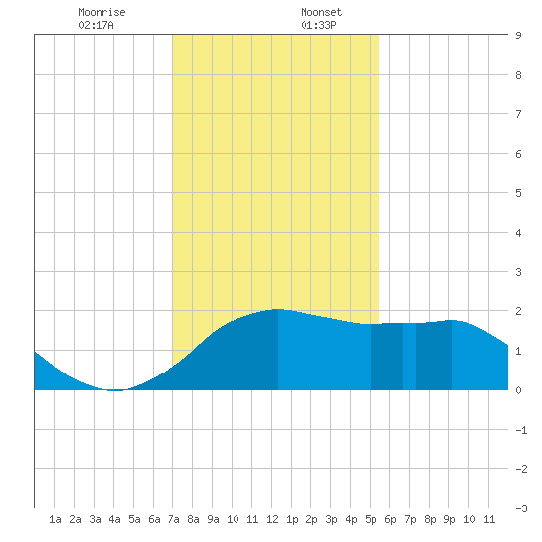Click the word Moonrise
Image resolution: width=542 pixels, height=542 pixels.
(x=102, y=12)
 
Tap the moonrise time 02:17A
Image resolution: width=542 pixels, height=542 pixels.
(x=96, y=25)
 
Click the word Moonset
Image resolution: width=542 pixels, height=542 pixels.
(x=321, y=12)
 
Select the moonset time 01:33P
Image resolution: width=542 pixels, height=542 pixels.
(x=318, y=25)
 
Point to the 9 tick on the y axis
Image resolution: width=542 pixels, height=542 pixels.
(x=518, y=35)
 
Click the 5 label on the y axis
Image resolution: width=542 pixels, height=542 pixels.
(x=518, y=193)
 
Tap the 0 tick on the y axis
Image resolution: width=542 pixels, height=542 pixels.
(x=518, y=390)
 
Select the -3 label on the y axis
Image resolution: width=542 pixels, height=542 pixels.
(x=521, y=508)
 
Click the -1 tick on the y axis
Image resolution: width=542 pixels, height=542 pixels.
(x=521, y=430)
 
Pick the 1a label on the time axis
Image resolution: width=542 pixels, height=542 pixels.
(x=55, y=519)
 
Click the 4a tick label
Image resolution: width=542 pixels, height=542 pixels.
(x=114, y=519)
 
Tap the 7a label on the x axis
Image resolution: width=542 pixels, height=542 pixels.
(x=173, y=519)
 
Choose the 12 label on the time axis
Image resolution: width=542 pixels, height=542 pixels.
(x=272, y=519)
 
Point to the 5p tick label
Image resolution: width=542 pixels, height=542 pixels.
(x=371, y=519)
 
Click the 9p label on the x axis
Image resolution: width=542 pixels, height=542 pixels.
(x=449, y=519)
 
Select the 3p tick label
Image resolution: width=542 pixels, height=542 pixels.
(x=331, y=519)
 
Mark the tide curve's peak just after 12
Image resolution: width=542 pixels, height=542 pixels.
(x=277, y=309)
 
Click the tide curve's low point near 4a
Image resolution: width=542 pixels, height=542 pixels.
(x=116, y=390)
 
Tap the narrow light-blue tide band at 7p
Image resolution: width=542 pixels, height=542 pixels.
(x=409, y=357)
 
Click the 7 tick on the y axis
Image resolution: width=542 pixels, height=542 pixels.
(x=518, y=114)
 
